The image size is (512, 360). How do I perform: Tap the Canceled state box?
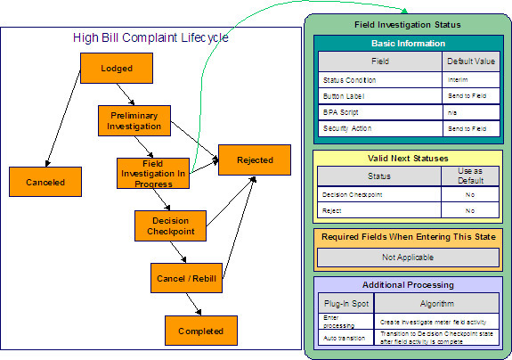(x=39, y=182)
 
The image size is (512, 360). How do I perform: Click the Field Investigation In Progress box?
(x=152, y=173)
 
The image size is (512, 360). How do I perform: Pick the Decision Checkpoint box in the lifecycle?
(x=170, y=225)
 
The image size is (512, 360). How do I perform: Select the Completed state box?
(x=200, y=330)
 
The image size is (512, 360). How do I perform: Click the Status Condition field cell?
(x=380, y=80)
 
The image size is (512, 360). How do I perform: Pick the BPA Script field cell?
(x=380, y=113)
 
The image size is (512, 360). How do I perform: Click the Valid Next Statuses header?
(x=407, y=158)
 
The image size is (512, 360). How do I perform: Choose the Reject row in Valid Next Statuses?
(x=380, y=210)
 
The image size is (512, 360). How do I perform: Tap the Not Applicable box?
(x=407, y=257)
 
